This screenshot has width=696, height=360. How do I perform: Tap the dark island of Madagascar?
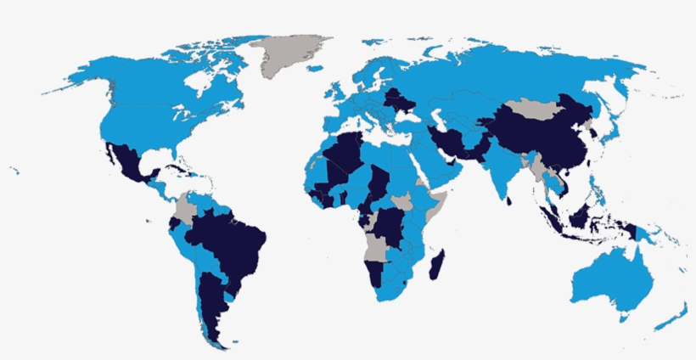point(436,260)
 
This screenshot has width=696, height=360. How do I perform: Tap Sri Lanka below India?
point(509,201)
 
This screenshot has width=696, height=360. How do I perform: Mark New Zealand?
point(675,318)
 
